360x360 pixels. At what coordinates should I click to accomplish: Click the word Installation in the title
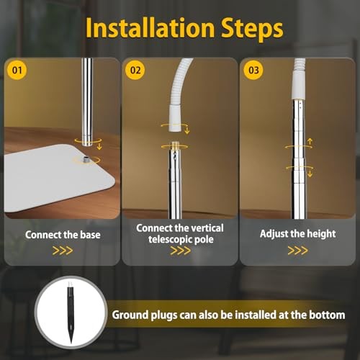pyautogui.click(x=150, y=28)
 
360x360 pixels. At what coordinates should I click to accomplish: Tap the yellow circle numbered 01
pyautogui.click(x=17, y=70)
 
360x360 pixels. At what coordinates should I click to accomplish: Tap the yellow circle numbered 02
pyautogui.click(x=135, y=70)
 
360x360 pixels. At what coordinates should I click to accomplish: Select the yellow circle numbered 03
pyautogui.click(x=253, y=70)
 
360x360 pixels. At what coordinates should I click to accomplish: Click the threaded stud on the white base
pyautogui.click(x=86, y=159)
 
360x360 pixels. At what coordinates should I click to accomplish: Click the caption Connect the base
pyautogui.click(x=63, y=235)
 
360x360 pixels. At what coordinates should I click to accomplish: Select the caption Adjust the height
pyautogui.click(x=297, y=234)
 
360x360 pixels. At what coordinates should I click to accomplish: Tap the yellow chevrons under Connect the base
pyautogui.click(x=63, y=251)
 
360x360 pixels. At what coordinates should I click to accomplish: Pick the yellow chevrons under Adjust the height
pyautogui.click(x=297, y=251)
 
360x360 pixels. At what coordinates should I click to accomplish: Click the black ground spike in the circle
pyautogui.click(x=71, y=312)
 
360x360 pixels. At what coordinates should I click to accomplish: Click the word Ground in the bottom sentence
pyautogui.click(x=130, y=315)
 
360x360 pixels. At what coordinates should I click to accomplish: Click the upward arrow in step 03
pyautogui.click(x=310, y=141)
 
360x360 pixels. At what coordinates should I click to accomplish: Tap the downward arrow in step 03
pyautogui.click(x=310, y=174)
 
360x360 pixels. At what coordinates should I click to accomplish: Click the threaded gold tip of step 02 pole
pyautogui.click(x=174, y=145)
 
